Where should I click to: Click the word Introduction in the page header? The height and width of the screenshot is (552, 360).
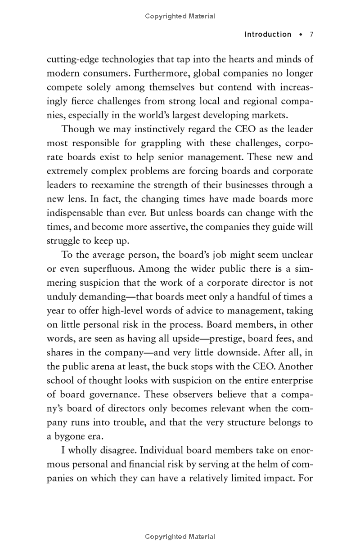click(268, 35)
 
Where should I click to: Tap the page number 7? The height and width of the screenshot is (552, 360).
click(311, 35)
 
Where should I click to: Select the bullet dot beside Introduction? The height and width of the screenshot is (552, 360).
click(301, 35)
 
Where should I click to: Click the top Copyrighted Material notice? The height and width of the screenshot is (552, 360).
click(180, 16)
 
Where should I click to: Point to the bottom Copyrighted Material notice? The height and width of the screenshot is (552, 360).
click(180, 536)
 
